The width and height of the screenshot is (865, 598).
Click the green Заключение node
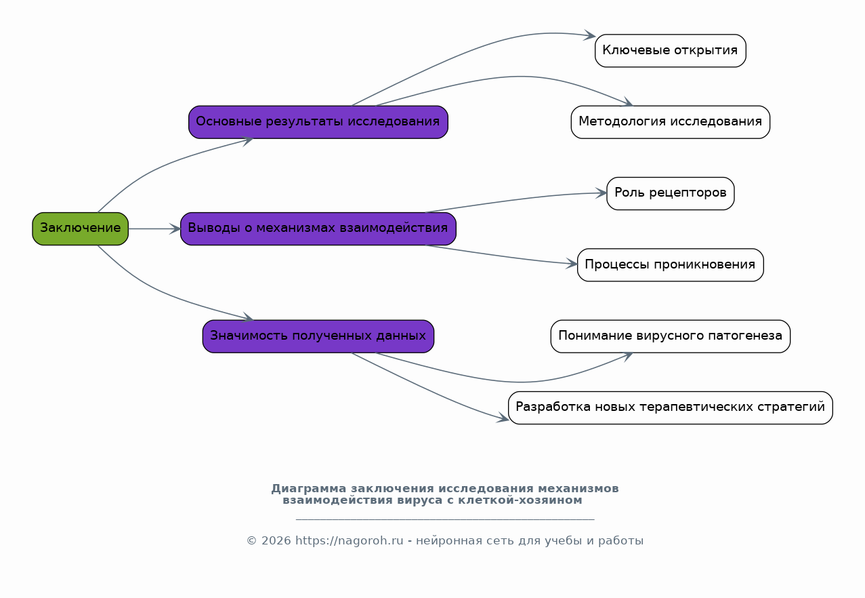81,228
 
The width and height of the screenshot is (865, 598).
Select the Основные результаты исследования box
318,122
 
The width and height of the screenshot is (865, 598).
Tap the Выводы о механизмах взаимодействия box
318,228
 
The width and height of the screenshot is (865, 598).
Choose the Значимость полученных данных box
318,336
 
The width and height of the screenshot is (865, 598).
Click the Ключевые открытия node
671,51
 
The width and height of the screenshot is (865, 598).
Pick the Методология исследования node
671,122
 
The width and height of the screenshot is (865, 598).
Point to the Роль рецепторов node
671,193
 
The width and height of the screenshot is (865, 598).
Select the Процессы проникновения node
671,265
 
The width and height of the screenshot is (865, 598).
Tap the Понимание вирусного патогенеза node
671,336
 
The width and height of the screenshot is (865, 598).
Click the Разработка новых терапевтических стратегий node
671,407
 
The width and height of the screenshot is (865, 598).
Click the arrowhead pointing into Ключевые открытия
590,35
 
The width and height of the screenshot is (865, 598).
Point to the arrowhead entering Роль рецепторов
602,193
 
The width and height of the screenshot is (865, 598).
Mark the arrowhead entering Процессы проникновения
572,264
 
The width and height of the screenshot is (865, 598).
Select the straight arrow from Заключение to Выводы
154,229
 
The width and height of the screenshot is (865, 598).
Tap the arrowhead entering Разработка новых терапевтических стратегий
503,418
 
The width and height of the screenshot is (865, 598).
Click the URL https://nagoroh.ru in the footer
349,540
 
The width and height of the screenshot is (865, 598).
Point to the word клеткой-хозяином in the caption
520,500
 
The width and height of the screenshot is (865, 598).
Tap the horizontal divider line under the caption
445,519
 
